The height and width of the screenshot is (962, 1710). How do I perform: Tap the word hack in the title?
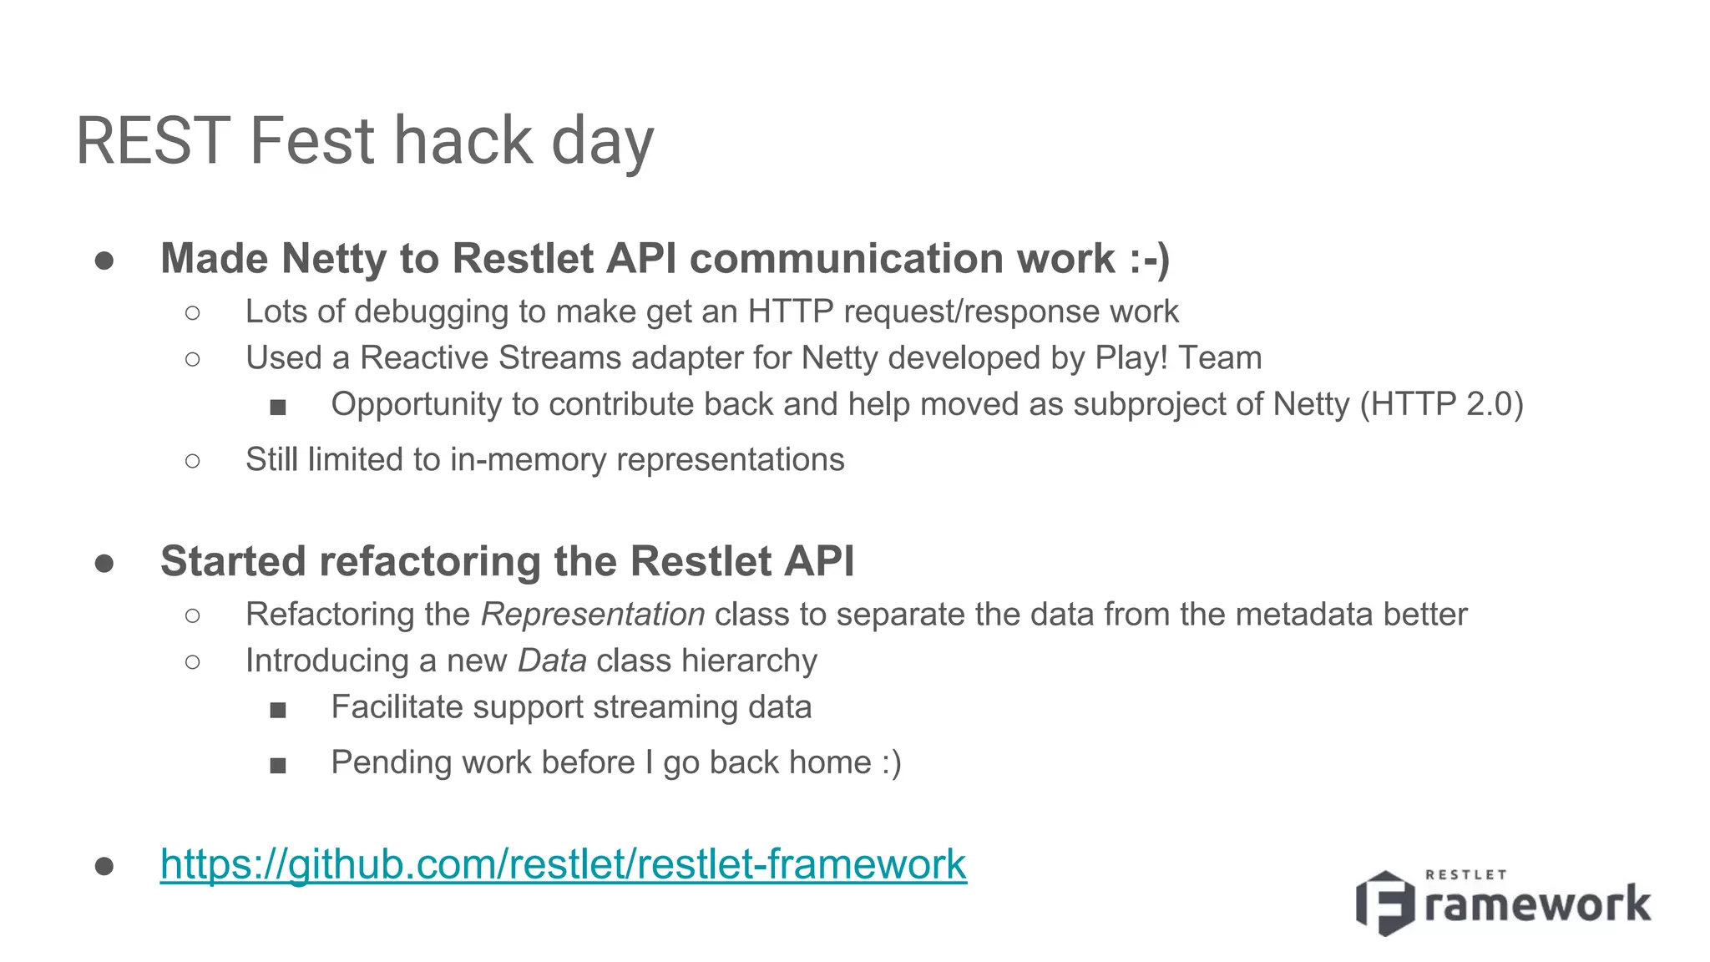click(x=463, y=140)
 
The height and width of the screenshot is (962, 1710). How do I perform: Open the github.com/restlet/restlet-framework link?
click(x=563, y=863)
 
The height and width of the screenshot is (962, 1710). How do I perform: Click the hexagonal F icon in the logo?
click(x=1385, y=903)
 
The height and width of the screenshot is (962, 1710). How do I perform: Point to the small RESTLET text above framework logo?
click(x=1465, y=874)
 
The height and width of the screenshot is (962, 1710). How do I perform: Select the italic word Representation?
click(x=593, y=615)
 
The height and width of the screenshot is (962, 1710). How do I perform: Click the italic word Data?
click(x=552, y=661)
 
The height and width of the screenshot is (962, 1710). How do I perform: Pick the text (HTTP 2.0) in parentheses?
click(x=1442, y=404)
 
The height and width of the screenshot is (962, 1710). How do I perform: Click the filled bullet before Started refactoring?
click(x=104, y=563)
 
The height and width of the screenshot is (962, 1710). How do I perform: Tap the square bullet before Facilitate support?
click(x=278, y=710)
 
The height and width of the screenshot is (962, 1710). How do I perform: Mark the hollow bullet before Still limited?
click(x=193, y=460)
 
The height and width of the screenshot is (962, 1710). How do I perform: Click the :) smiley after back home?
click(x=891, y=762)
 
